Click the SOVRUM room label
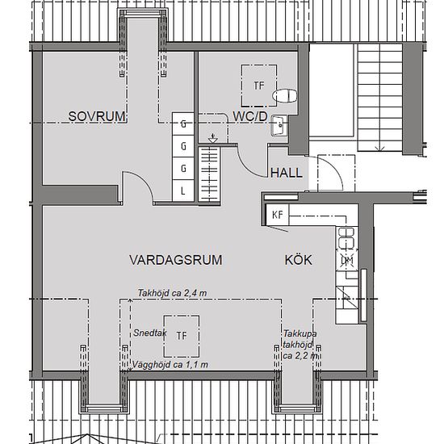(97, 116)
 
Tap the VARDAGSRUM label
(175, 260)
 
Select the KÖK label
(299, 260)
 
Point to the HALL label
(287, 173)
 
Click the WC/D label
(250, 116)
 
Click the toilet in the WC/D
(285, 96)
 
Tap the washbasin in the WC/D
(279, 125)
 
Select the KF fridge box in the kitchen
(277, 215)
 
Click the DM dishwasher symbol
(347, 260)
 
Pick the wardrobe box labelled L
(183, 191)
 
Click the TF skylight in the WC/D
(259, 86)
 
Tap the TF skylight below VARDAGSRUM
(182, 336)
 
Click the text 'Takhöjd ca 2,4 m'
(172, 293)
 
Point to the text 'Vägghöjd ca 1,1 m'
(170, 365)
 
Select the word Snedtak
(150, 333)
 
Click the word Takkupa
(300, 333)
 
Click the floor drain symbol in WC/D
(212, 138)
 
